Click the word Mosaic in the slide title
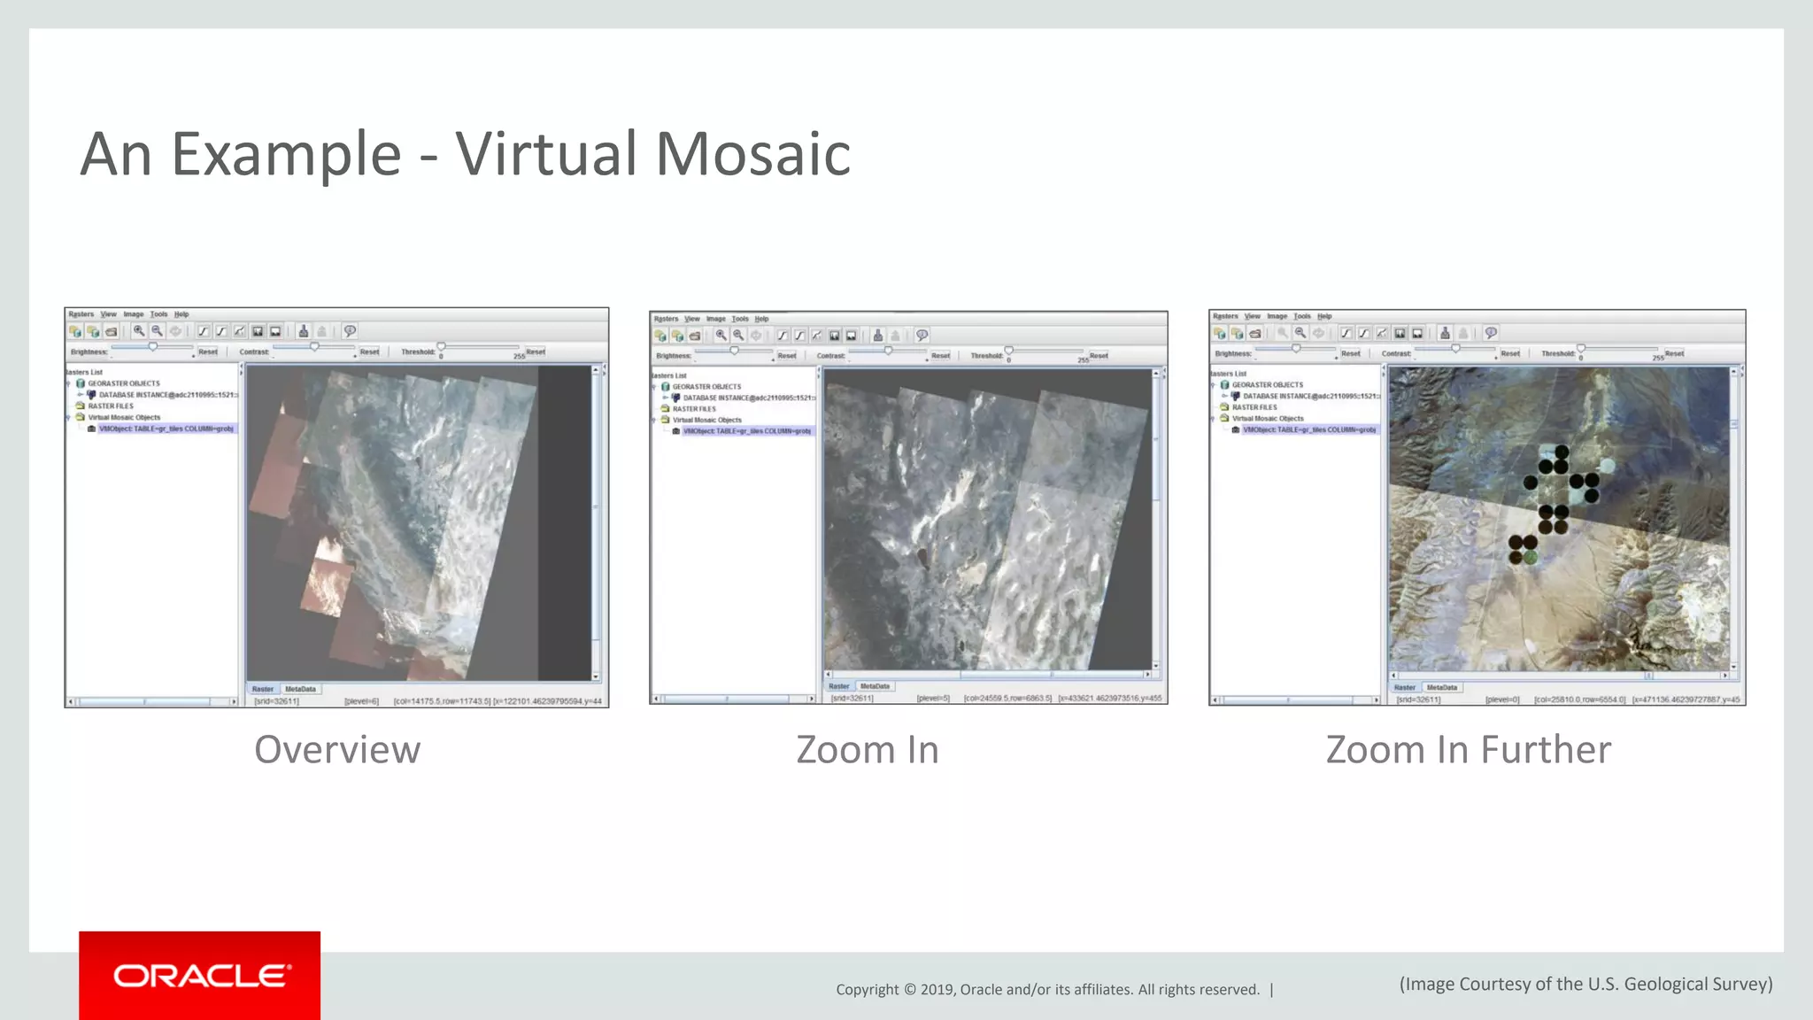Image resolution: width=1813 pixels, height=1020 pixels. click(x=753, y=154)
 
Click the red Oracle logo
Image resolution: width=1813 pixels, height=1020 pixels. click(x=200, y=976)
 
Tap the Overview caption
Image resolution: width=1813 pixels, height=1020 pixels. click(x=337, y=750)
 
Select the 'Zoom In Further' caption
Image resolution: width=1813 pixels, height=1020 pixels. click(x=1468, y=750)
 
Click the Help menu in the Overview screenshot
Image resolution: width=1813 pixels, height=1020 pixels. click(x=181, y=314)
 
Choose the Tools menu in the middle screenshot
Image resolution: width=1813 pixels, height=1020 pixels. click(x=740, y=319)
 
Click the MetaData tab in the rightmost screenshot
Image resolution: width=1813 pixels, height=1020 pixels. click(x=1441, y=687)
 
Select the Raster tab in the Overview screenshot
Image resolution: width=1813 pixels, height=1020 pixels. click(x=263, y=689)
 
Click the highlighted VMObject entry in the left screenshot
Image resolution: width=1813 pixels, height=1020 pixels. click(x=166, y=429)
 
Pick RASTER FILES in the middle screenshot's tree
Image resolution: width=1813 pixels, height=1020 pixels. click(x=694, y=409)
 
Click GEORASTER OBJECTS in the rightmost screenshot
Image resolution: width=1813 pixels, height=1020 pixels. click(x=1267, y=385)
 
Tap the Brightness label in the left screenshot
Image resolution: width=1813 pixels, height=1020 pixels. click(x=89, y=352)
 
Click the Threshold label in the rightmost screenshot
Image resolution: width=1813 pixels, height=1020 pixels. click(x=1557, y=353)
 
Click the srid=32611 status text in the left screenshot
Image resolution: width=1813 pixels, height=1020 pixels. click(x=276, y=701)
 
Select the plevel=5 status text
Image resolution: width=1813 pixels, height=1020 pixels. click(x=933, y=699)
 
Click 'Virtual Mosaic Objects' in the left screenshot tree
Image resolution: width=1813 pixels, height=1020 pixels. click(x=124, y=417)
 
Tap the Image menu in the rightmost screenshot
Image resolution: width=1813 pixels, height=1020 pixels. click(x=1277, y=316)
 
